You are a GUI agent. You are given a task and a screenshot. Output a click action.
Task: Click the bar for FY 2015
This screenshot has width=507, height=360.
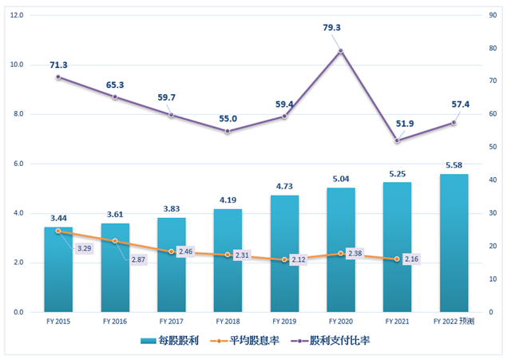coord(58,270)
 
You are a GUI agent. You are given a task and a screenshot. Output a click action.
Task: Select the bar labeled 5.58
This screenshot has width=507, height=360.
coord(454,243)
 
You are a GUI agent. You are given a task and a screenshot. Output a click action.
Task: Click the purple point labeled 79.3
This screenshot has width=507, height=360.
coord(341,51)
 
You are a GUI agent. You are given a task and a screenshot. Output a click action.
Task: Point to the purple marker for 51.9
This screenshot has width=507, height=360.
coord(398,140)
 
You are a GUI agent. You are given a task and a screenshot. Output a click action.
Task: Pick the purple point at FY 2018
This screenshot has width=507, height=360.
coord(228,131)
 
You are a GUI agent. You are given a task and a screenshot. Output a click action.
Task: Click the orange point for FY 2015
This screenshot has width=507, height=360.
coord(58,231)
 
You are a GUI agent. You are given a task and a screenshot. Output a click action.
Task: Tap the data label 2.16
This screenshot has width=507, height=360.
coord(411,259)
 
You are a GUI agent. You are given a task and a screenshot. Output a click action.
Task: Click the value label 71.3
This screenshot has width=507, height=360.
coord(58,65)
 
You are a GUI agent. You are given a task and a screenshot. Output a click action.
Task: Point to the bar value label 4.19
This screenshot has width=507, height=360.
coord(228,200)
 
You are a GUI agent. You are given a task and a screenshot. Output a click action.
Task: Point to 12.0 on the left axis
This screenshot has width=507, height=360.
coord(15,15)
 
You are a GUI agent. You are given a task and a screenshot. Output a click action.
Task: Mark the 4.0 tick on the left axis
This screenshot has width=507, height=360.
coord(15,213)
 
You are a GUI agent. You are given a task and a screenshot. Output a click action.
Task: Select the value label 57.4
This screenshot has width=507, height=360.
coord(454,105)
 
